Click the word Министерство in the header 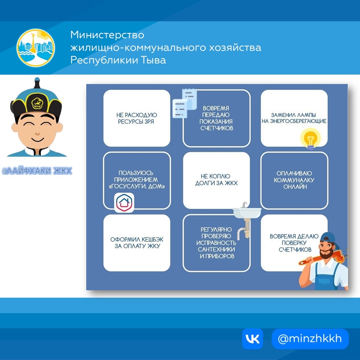click(107, 35)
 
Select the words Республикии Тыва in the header click(118, 60)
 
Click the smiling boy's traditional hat click(36, 99)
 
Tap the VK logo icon click(252, 339)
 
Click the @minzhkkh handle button click(310, 339)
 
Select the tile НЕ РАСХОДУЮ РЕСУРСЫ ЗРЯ click(136, 118)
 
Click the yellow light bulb click(310, 138)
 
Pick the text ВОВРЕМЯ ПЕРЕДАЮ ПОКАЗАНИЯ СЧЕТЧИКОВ click(216, 118)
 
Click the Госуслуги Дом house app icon click(124, 202)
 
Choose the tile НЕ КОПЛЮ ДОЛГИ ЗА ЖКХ click(216, 180)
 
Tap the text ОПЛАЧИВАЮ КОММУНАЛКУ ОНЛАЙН click(294, 180)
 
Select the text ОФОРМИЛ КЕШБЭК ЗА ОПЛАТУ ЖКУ click(136, 243)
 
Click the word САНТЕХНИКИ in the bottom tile click(216, 249)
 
